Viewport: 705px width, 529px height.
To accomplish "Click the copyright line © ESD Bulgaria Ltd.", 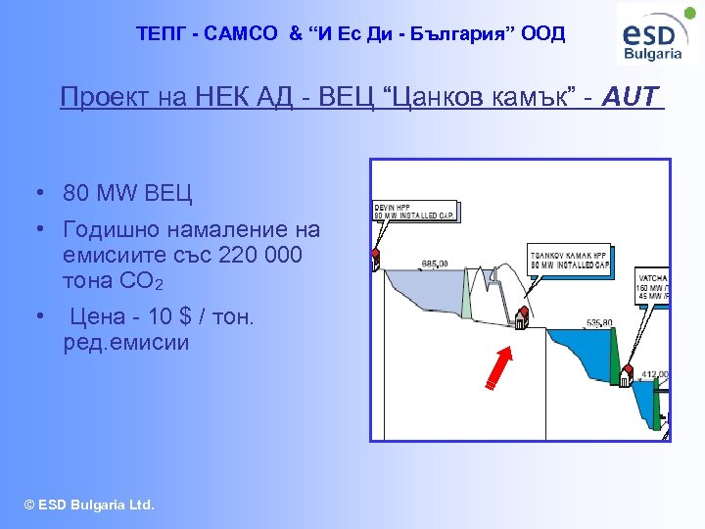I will tap(90, 505).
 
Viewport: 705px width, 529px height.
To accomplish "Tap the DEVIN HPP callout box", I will tap(415, 211).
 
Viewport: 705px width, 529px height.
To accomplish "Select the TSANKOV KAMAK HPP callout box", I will tap(569, 257).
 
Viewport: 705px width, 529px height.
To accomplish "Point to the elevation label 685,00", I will tap(434, 264).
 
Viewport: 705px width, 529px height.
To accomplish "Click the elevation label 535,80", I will tap(599, 322).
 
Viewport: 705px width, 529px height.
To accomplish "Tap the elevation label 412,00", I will tap(654, 374).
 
